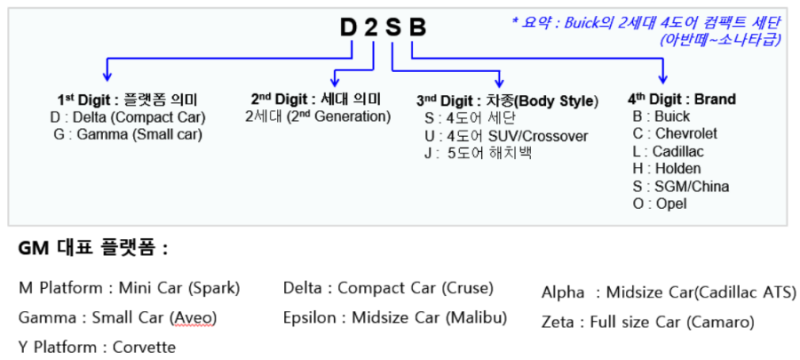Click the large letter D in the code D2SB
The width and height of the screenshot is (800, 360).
[349, 28]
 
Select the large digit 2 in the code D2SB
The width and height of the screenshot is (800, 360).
[371, 28]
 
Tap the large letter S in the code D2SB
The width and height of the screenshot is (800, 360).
[393, 28]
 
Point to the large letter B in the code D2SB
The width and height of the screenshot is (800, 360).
[417, 28]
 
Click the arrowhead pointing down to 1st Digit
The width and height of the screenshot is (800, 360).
[107, 76]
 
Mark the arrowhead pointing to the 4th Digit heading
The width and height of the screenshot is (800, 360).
[663, 79]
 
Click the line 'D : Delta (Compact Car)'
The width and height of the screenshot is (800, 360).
[128, 118]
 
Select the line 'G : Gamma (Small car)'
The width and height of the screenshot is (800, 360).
[128, 135]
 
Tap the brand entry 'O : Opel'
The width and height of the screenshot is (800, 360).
[660, 203]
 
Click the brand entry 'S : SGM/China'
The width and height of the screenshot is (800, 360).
[681, 186]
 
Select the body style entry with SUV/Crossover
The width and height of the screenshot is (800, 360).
[506, 136]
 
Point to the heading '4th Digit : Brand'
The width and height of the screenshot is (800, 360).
[682, 99]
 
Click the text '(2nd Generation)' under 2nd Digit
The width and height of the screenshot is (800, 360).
[339, 117]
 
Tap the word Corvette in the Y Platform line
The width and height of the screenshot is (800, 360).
[144, 348]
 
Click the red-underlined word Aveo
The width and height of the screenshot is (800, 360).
[193, 318]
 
